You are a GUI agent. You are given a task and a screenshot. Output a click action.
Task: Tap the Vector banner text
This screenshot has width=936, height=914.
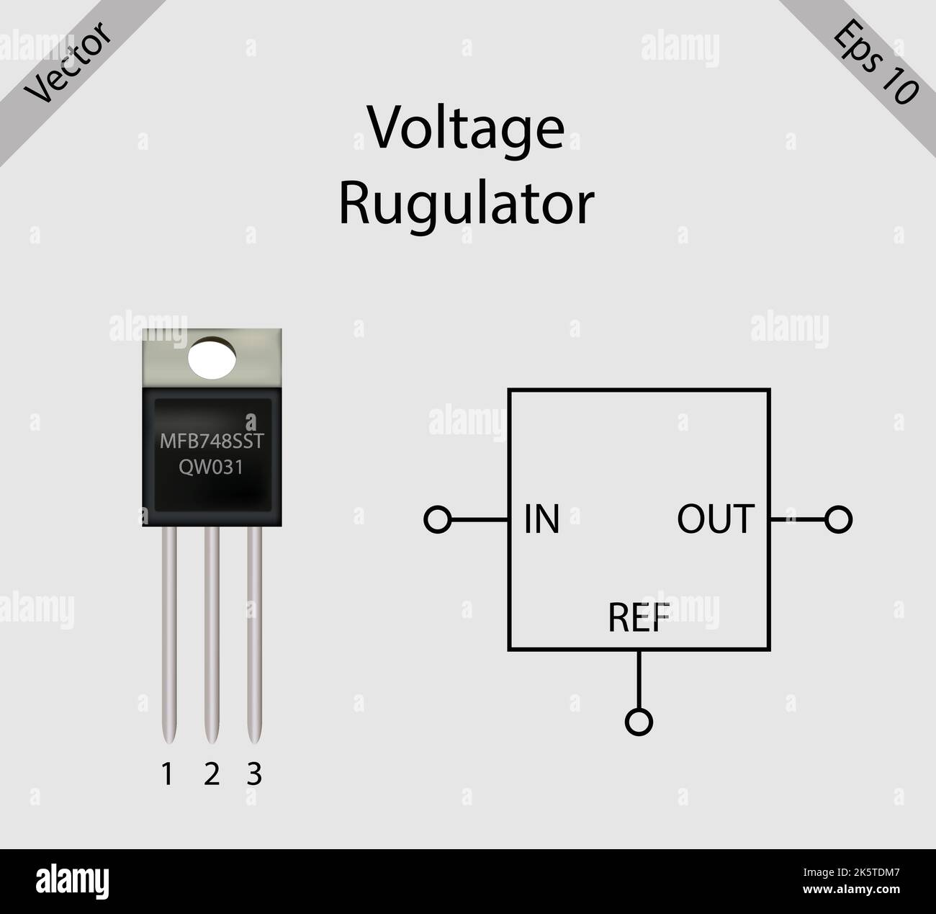click(68, 63)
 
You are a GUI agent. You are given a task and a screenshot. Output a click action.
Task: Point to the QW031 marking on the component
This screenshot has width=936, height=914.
click(211, 467)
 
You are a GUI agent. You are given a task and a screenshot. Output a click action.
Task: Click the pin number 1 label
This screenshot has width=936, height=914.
click(167, 775)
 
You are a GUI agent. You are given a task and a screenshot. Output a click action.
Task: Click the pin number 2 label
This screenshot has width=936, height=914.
click(211, 775)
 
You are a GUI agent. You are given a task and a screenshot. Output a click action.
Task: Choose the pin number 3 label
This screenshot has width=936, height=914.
click(254, 775)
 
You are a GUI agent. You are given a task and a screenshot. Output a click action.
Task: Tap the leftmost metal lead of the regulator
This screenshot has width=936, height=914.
click(169, 634)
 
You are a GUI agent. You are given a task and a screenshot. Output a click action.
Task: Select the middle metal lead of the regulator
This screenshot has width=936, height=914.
click(212, 634)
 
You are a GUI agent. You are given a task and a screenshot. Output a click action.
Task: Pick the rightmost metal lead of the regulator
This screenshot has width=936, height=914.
click(254, 634)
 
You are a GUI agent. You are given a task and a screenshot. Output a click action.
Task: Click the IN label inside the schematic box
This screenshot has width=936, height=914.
click(541, 519)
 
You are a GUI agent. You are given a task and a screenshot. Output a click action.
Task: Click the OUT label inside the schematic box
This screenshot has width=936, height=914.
click(715, 519)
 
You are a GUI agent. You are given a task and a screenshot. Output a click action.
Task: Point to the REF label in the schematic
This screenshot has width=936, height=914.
click(639, 617)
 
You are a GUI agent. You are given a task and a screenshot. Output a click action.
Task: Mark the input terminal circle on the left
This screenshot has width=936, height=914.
click(438, 519)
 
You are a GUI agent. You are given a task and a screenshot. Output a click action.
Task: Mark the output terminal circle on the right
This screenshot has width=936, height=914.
click(839, 519)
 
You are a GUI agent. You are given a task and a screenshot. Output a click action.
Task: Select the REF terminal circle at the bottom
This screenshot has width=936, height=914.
click(639, 721)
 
